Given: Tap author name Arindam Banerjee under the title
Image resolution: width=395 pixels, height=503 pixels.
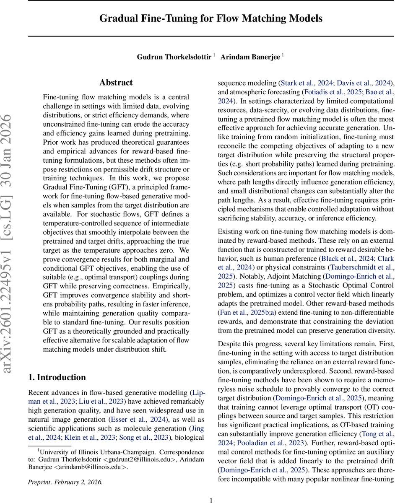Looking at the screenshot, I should tap(250, 57).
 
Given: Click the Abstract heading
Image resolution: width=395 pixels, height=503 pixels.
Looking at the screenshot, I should tap(116, 83).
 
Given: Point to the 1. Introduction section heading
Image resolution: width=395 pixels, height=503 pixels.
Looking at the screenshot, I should tap(57, 377).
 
